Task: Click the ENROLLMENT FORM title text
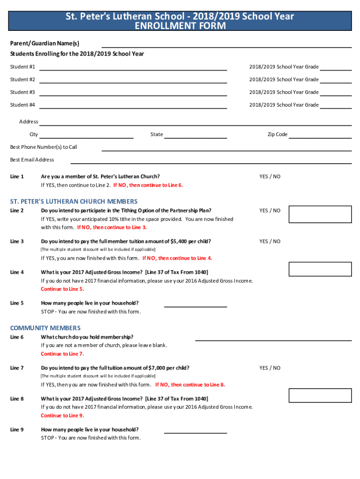(180, 26)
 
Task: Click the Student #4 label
(22, 105)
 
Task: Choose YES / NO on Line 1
(270, 176)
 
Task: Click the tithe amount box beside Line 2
(320, 214)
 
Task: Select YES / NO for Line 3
(270, 241)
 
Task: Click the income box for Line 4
(320, 269)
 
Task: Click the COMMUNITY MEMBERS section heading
(45, 328)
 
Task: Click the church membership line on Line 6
(273, 340)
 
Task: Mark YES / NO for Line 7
(270, 368)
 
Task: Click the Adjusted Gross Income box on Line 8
(320, 395)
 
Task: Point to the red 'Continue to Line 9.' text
(63, 415)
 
